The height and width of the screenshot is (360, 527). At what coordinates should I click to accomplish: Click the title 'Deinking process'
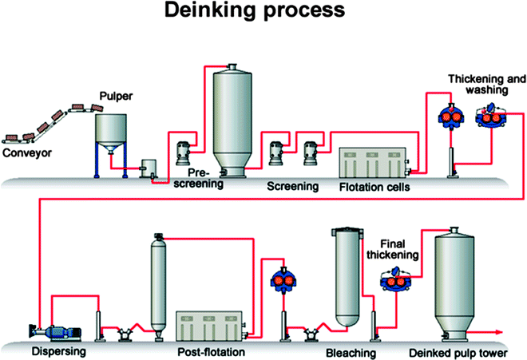(x=264, y=14)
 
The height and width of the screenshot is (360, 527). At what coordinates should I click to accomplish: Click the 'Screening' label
(x=291, y=187)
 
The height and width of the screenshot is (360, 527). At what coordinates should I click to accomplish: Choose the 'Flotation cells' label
(x=375, y=188)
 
